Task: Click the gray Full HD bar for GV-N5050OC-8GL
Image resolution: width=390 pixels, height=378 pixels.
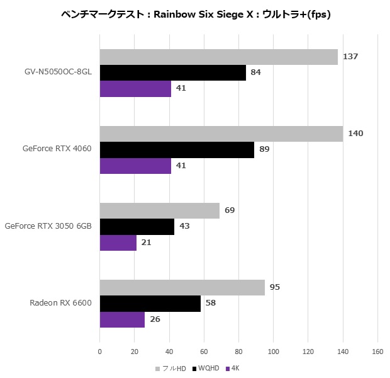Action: point(218,57)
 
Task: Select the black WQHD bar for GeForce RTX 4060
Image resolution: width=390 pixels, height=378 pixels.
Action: point(177,149)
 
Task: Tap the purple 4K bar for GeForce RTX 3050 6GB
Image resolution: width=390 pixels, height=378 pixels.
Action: point(118,242)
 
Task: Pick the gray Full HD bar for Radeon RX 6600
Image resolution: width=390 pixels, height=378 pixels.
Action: point(182,287)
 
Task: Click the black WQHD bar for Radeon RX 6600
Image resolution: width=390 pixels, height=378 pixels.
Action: point(150,303)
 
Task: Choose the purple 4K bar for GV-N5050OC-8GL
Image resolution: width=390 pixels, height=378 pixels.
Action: point(135,88)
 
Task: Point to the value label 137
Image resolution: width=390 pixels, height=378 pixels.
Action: point(350,57)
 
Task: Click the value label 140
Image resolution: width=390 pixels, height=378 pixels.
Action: point(355,134)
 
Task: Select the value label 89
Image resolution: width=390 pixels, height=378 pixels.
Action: point(264,149)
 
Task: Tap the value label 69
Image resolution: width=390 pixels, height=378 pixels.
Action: point(230,210)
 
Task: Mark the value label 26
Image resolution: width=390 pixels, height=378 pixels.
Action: point(155,319)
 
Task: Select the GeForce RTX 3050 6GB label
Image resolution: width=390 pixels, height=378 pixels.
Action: point(48,226)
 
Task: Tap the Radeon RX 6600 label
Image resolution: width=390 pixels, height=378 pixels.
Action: point(60,302)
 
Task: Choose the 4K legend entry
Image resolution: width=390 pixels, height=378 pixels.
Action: point(235,368)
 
